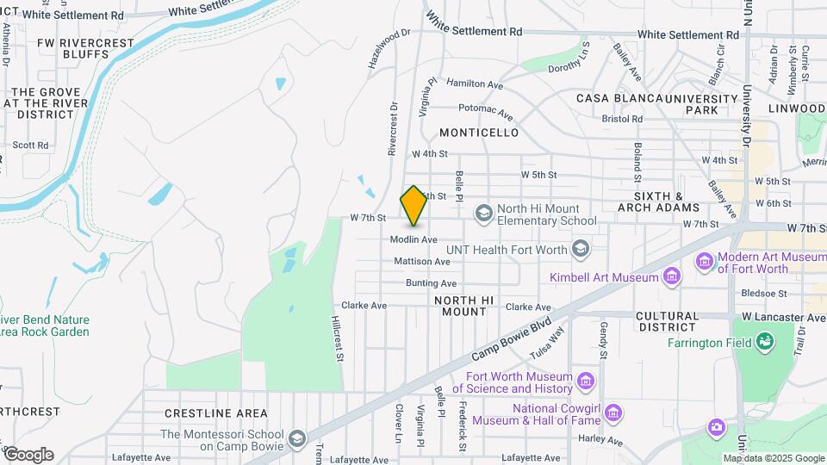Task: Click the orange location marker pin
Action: [x=413, y=206]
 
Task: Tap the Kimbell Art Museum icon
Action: [x=671, y=276]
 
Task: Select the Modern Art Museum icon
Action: [x=705, y=259]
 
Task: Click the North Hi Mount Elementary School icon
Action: [x=483, y=212]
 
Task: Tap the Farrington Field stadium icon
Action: [x=764, y=343]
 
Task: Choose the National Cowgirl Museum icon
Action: [x=612, y=413]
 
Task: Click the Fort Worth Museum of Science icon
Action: [x=586, y=381]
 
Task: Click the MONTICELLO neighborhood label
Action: [x=479, y=133]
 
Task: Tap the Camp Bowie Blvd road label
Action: [x=511, y=341]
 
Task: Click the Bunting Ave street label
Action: [x=431, y=283]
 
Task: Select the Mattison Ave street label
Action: [x=422, y=261]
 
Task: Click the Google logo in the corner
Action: [x=28, y=455]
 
